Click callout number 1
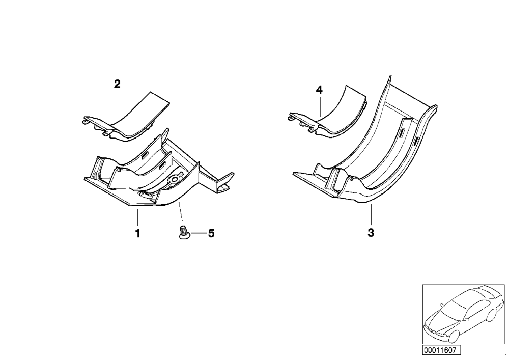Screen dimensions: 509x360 click(x=137, y=233)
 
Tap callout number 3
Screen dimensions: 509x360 click(x=371, y=233)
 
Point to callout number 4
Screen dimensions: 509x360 click(x=320, y=90)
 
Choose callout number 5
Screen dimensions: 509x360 click(x=211, y=233)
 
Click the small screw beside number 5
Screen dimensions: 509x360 click(x=184, y=233)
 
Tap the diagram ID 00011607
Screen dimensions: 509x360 click(x=441, y=350)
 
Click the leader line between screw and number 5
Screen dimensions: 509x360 click(x=198, y=233)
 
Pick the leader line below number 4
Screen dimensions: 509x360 click(x=320, y=106)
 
